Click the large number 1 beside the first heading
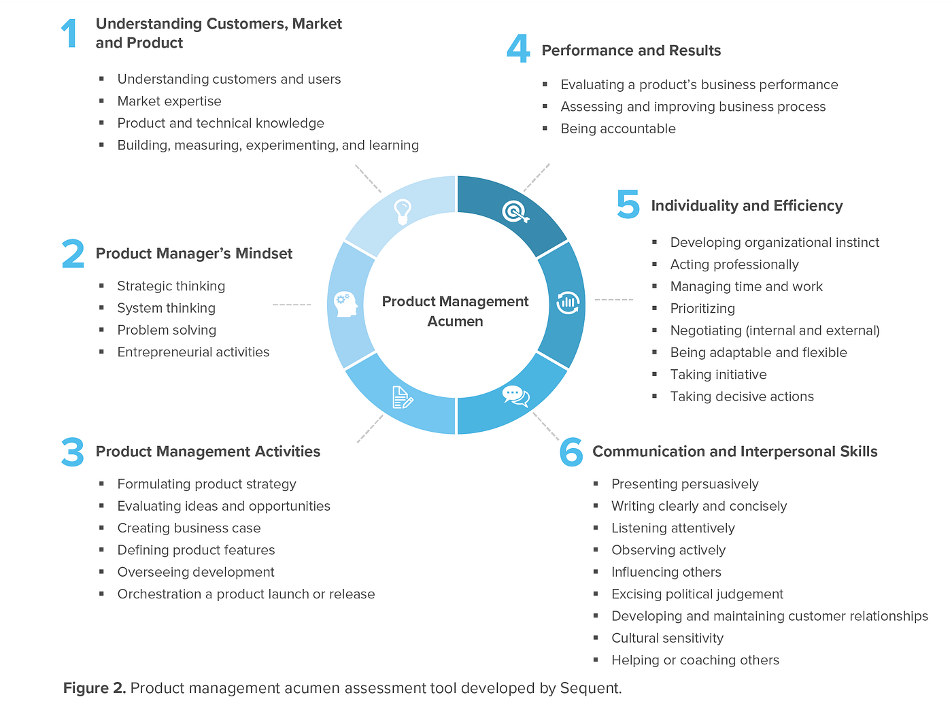pyautogui.click(x=69, y=33)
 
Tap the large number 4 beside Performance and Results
pyautogui.click(x=518, y=50)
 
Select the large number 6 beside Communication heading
pyautogui.click(x=571, y=452)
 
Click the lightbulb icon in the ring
pyautogui.click(x=403, y=211)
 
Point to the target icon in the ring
pyautogui.click(x=515, y=212)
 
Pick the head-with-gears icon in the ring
pyautogui.click(x=346, y=303)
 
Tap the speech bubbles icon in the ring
pyautogui.click(x=515, y=396)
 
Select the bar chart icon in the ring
pyautogui.click(x=568, y=303)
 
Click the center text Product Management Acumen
pyautogui.click(x=455, y=311)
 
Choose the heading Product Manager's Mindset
pyautogui.click(x=194, y=254)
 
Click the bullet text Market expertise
pyautogui.click(x=169, y=101)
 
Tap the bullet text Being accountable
pyautogui.click(x=618, y=129)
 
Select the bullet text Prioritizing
pyautogui.click(x=702, y=309)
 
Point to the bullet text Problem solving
pyautogui.click(x=167, y=330)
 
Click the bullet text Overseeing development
pyautogui.click(x=196, y=572)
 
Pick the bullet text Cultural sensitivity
pyautogui.click(x=667, y=638)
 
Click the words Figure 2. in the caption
pyautogui.click(x=95, y=688)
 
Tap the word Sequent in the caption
pyautogui.click(x=590, y=688)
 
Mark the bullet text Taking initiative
pyautogui.click(x=718, y=375)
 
